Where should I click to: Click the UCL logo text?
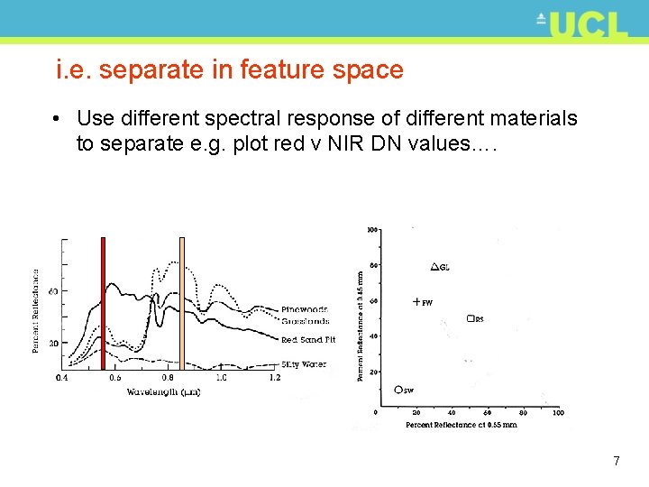[587, 23]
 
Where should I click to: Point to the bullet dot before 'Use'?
[57, 119]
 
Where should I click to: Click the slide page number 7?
[616, 461]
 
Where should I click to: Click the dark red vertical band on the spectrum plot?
[103, 302]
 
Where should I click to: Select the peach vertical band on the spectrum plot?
[182, 302]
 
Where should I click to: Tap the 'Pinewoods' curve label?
[304, 310]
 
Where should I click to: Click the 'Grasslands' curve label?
[305, 321]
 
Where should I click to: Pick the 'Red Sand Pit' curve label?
[307, 340]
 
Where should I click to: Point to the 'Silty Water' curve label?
[303, 364]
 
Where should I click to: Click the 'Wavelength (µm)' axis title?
[163, 392]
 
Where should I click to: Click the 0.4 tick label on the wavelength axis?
[61, 378]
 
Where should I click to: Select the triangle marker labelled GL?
[434, 267]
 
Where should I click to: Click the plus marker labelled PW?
[416, 302]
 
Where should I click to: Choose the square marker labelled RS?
[470, 318]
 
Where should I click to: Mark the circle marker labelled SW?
[398, 390]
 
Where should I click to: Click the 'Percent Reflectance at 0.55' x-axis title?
[461, 425]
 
